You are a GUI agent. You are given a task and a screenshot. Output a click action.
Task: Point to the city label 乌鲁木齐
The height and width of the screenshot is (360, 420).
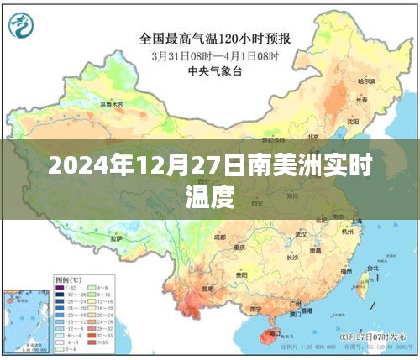[x=112, y=105]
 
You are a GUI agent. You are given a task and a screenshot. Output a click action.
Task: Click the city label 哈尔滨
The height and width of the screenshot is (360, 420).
[x=367, y=81]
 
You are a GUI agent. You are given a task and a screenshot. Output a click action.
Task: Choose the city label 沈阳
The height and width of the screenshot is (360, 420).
[x=352, y=119]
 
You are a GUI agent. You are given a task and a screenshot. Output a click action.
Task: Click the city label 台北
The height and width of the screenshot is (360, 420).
[x=375, y=273]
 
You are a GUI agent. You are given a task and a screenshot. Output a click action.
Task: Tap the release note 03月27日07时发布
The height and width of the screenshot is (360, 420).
[x=370, y=335]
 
